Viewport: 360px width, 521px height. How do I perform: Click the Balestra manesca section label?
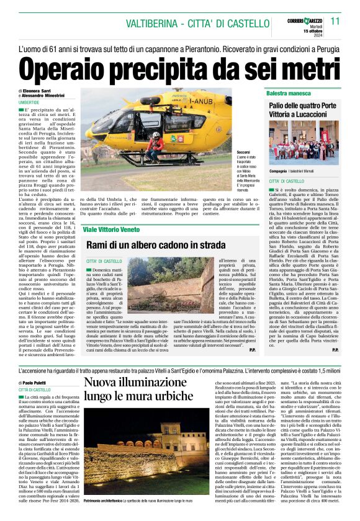[290, 92]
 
